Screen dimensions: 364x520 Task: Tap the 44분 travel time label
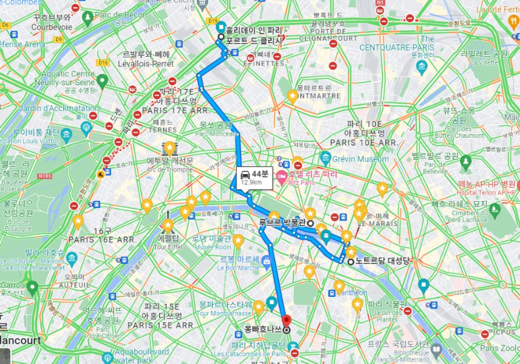pos(259,174)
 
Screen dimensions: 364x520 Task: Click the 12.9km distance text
pos(252,182)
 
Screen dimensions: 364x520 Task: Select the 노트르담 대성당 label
pos(383,261)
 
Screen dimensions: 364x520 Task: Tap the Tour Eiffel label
pos(168,247)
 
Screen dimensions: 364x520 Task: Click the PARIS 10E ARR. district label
pos(363,142)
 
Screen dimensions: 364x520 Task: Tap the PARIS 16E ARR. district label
pos(102,239)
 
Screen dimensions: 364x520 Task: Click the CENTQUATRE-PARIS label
pos(397,47)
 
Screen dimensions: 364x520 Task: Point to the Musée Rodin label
pos(212,247)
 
